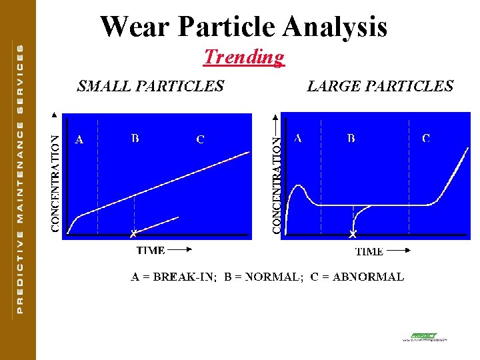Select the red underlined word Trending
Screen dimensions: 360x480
244,57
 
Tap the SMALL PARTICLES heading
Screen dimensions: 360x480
151,86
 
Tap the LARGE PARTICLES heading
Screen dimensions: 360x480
380,86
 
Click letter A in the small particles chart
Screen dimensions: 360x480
79,140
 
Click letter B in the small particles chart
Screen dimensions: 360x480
135,139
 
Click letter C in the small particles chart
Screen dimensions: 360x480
200,140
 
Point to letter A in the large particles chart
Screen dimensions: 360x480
297,139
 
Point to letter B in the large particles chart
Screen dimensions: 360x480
351,139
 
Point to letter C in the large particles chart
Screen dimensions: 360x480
426,139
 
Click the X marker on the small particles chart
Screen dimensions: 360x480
133,233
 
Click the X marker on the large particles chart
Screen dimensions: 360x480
353,234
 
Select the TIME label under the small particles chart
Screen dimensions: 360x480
151,251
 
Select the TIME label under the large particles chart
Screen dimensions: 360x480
369,251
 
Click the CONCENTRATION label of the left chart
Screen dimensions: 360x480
56,183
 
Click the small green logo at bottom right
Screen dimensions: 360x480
424,337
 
